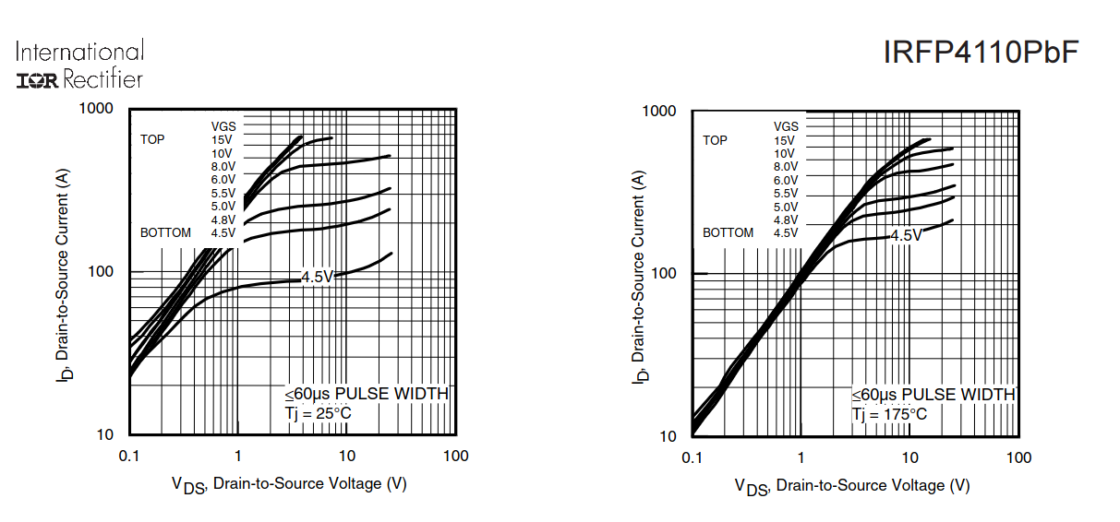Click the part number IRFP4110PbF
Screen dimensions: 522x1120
point(981,53)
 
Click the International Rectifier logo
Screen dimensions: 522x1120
point(80,65)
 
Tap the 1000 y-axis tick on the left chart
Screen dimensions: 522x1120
point(95,109)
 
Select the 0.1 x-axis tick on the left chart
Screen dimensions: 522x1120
point(128,456)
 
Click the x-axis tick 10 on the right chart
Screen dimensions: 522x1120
point(909,458)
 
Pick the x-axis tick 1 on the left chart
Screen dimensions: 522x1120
point(237,456)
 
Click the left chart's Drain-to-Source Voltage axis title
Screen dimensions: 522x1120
point(289,483)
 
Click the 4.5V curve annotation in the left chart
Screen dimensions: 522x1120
point(317,276)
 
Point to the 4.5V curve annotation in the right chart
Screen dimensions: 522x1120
point(906,236)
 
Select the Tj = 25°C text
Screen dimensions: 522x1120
point(318,413)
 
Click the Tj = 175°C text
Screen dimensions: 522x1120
point(889,414)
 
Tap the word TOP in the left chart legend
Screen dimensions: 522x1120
point(152,139)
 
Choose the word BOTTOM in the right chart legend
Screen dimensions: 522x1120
point(728,232)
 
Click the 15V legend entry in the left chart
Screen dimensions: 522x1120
point(222,139)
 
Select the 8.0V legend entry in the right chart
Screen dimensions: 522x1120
point(785,167)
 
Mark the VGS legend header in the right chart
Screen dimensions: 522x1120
point(786,126)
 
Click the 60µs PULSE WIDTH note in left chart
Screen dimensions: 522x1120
point(366,394)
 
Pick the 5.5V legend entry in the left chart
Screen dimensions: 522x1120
point(223,193)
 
